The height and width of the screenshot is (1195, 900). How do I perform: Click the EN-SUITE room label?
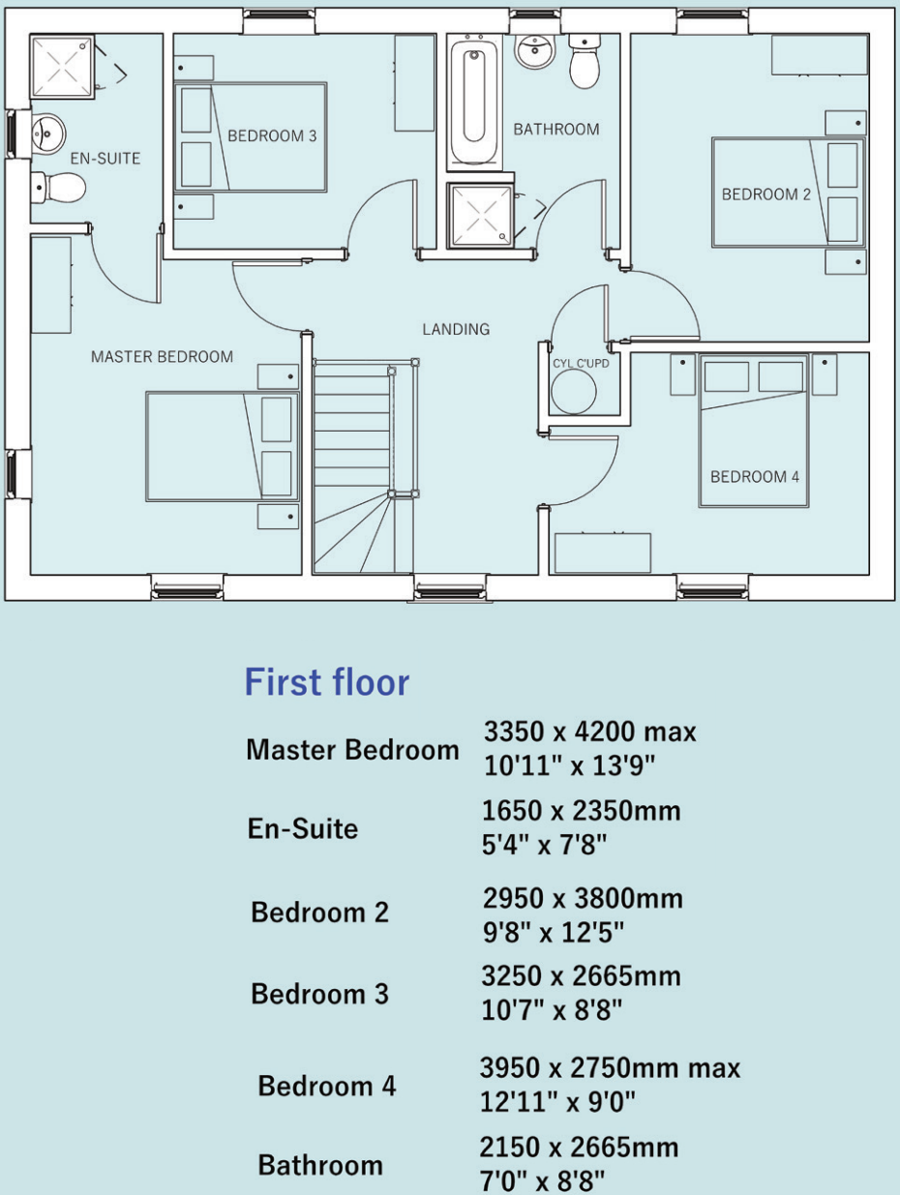105,158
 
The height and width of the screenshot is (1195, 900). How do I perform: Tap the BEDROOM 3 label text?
272,135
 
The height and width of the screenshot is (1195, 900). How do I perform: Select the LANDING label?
456,329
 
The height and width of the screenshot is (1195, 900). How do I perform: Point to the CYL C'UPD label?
581,363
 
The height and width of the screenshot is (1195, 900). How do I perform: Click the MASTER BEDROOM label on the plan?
162,356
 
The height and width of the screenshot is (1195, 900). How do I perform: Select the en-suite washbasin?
46,134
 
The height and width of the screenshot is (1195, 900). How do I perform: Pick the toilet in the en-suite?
57,187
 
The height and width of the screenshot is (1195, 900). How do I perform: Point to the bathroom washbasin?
533,50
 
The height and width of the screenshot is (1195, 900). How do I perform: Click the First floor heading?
326,682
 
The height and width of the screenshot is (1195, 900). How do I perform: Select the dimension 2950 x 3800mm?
583,898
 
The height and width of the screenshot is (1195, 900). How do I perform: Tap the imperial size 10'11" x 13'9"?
570,766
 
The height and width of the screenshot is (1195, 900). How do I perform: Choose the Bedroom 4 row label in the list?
326,1086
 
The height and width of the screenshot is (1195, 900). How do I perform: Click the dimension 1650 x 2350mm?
581,810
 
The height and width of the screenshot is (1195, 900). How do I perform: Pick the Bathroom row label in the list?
319,1165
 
